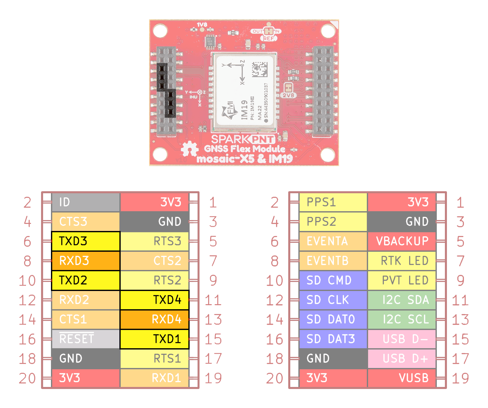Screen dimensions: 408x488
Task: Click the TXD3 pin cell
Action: click(86, 241)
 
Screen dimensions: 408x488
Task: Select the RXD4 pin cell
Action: click(154, 319)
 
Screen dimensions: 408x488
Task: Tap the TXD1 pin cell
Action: click(154, 339)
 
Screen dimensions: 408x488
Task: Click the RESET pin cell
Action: click(86, 339)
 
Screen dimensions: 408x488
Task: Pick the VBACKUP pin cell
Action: click(402, 241)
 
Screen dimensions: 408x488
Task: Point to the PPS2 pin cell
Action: click(333, 222)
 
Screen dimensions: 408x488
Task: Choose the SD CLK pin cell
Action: click(333, 300)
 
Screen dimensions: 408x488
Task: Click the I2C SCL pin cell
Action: click(402, 319)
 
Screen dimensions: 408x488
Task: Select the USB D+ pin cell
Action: click(402, 359)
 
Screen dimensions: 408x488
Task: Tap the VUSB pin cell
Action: click(402, 378)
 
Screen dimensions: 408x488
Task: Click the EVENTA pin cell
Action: click(333, 241)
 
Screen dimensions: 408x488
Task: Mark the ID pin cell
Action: click(86, 202)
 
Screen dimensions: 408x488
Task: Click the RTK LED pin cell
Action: click(402, 261)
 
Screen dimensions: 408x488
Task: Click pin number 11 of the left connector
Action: click(213, 300)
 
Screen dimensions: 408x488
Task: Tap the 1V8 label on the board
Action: click(202, 25)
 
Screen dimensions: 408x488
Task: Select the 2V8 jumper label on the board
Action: click(288, 95)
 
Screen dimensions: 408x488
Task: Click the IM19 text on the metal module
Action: click(244, 109)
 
